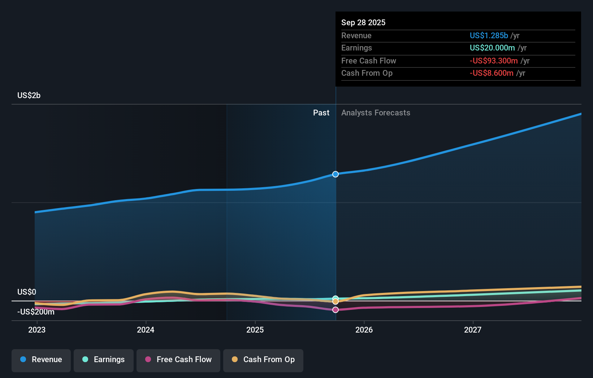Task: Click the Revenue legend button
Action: coord(41,360)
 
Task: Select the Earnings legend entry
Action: coord(104,360)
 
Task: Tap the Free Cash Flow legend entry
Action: coord(178,360)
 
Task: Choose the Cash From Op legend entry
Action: coord(263,360)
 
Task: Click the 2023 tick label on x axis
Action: coord(37,330)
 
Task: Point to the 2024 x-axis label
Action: coord(146,330)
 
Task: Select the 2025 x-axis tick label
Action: coord(255,330)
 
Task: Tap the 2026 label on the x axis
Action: coord(364,330)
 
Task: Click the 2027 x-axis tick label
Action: coord(473,330)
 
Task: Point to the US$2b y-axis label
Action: coord(29,96)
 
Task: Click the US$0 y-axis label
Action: coord(27,292)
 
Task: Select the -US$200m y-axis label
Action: coord(36,312)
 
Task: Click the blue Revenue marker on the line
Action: coord(336,174)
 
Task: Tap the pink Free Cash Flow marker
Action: coord(336,310)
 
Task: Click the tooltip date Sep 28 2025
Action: coord(363,22)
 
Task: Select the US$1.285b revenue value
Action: coord(489,35)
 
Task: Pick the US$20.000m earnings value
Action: coord(492,48)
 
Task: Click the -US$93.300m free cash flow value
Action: coord(494,61)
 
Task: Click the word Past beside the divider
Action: coord(321,113)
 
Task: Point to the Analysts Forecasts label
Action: coord(376,113)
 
